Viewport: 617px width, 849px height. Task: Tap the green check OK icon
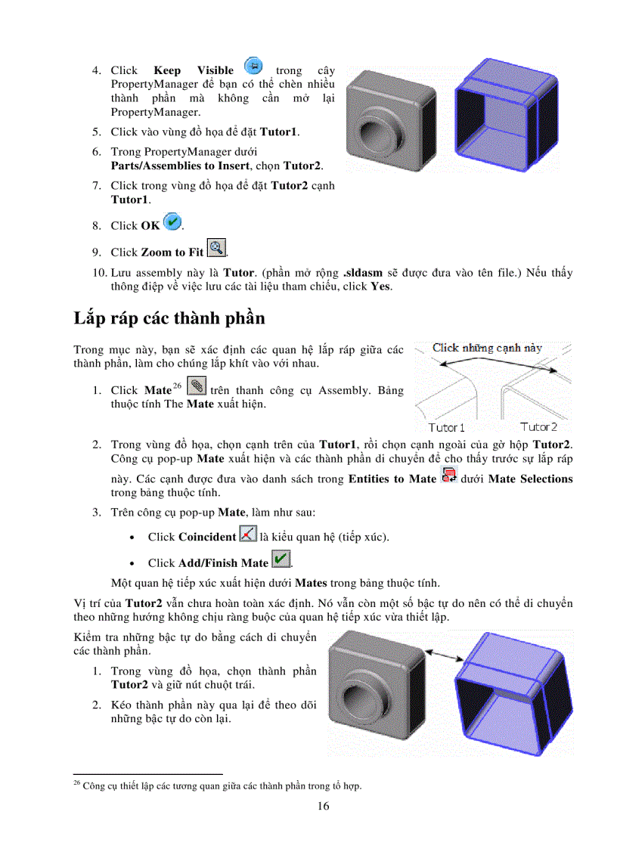172,222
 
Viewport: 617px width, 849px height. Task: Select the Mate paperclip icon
197,386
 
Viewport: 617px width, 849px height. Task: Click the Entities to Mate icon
449,476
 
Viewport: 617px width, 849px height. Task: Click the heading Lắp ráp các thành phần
169,318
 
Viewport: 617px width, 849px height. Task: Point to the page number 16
323,806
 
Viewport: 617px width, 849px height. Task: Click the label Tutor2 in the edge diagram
538,427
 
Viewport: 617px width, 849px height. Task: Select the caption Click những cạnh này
487,348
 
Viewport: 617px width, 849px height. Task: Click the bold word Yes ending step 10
380,287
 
